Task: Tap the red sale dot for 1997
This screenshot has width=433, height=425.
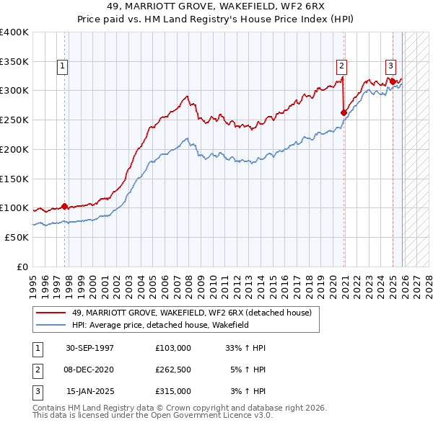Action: [x=64, y=206]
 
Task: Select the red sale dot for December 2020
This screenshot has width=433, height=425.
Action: [x=344, y=112]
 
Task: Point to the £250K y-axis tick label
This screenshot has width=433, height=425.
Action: [x=14, y=120]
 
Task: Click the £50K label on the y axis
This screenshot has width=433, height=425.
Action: [x=17, y=237]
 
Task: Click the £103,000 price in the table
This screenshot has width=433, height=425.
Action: [x=173, y=348]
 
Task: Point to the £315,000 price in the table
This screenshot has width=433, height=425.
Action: [x=173, y=391]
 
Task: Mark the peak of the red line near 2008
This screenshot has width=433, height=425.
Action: [x=187, y=96]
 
